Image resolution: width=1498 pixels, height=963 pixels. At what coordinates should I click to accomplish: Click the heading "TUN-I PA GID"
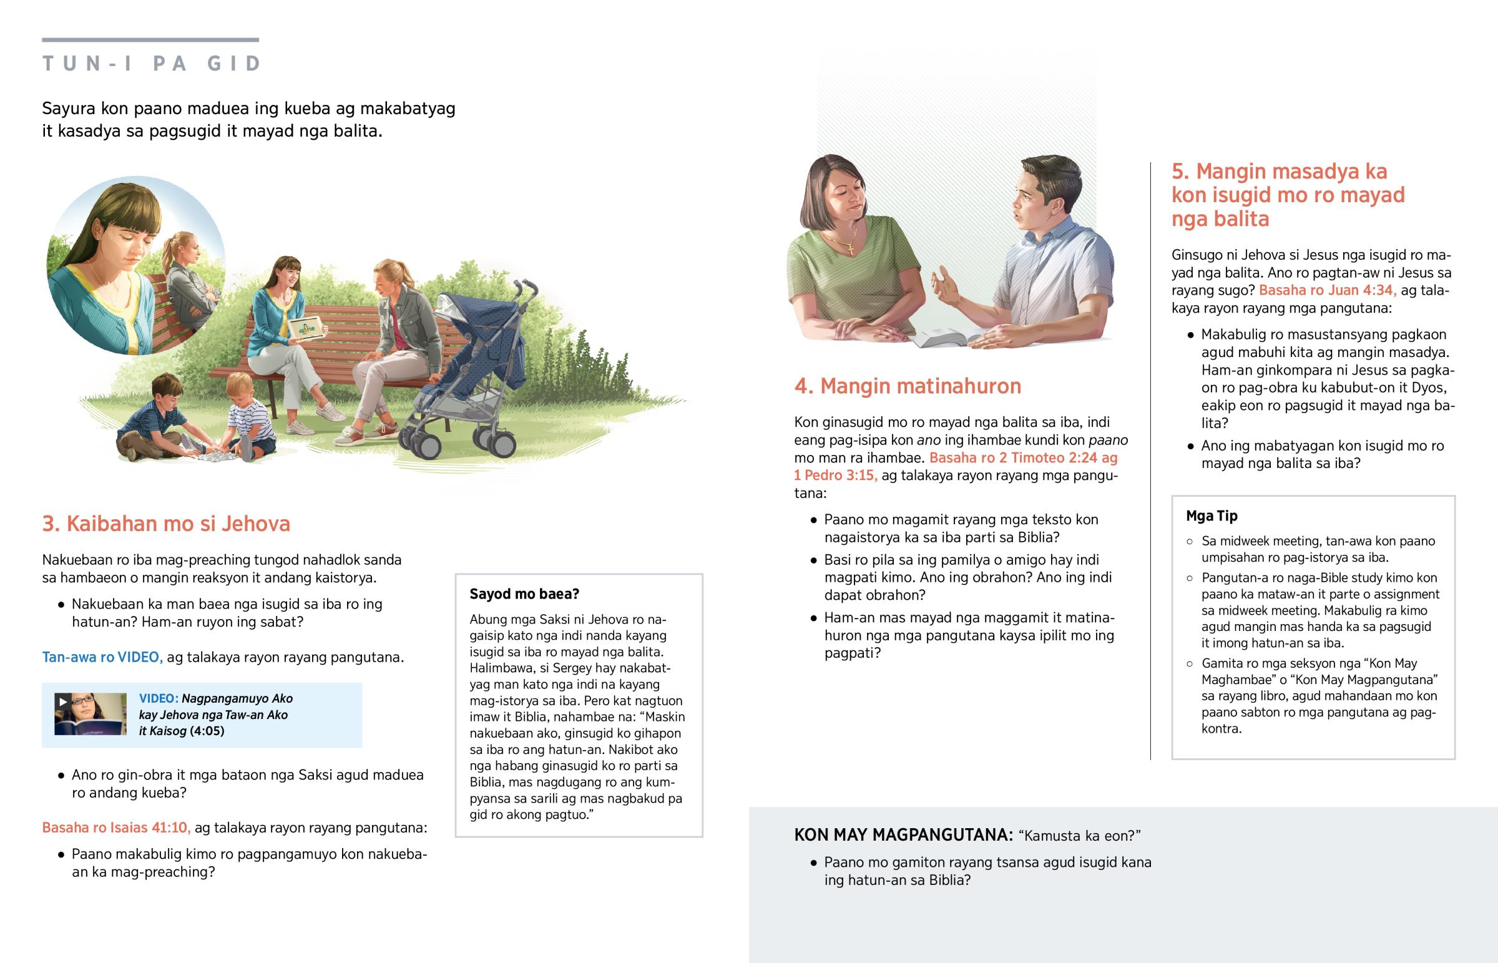click(x=151, y=64)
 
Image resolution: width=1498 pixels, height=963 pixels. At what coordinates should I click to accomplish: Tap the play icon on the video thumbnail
click(x=62, y=701)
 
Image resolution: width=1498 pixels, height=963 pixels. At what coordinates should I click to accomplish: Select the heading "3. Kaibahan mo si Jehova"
click(x=165, y=524)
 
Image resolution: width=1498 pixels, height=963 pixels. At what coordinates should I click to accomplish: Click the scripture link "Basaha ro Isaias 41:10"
click(x=115, y=828)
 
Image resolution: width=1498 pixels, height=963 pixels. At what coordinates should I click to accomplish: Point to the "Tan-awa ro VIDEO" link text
click(x=102, y=657)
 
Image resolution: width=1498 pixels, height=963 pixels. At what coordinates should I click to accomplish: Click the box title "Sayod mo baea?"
click(x=524, y=594)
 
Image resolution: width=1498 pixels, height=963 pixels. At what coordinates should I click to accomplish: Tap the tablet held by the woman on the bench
click(x=306, y=328)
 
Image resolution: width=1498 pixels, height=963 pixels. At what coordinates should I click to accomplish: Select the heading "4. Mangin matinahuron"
click(x=907, y=386)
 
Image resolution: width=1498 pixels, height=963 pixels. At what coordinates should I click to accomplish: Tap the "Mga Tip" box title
click(x=1211, y=516)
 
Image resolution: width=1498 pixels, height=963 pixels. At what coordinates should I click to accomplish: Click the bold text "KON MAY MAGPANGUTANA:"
click(x=903, y=835)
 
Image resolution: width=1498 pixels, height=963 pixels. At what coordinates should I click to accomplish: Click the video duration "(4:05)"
click(x=207, y=731)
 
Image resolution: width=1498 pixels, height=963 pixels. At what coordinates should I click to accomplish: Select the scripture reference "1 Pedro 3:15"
click(x=835, y=475)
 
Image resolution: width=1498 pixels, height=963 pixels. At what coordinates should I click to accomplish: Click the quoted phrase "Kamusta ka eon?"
click(x=1080, y=836)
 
